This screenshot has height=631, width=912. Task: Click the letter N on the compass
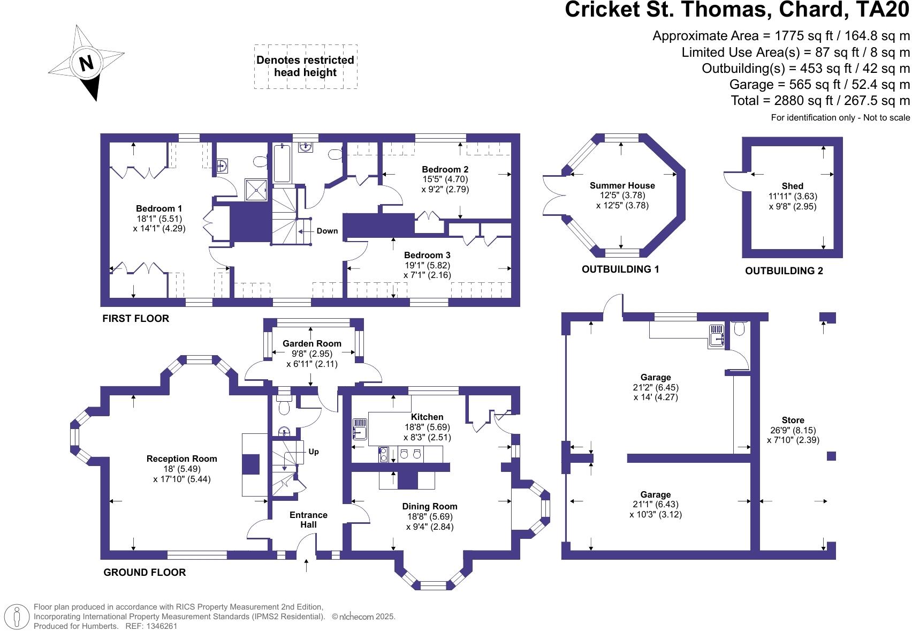(x=86, y=64)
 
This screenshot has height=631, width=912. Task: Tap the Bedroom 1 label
(x=158, y=208)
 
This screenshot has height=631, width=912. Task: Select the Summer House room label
(x=622, y=185)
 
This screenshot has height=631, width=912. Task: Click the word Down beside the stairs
(x=327, y=231)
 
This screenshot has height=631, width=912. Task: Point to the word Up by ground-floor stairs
(x=314, y=452)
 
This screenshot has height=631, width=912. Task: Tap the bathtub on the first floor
(x=282, y=163)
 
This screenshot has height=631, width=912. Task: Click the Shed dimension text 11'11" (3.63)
(x=793, y=196)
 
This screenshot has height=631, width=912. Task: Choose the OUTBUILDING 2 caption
(x=784, y=271)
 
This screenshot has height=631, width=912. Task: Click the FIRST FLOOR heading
(x=135, y=319)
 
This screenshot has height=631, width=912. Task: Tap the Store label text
(x=793, y=420)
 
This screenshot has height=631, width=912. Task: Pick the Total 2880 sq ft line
(x=820, y=101)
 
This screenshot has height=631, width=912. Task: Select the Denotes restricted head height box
(x=305, y=66)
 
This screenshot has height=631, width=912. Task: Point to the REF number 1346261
(x=159, y=626)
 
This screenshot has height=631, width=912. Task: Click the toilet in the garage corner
(x=739, y=328)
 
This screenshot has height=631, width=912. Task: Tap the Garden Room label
(x=311, y=343)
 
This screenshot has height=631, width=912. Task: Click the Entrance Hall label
(x=308, y=520)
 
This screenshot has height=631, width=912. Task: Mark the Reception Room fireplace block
(x=250, y=464)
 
